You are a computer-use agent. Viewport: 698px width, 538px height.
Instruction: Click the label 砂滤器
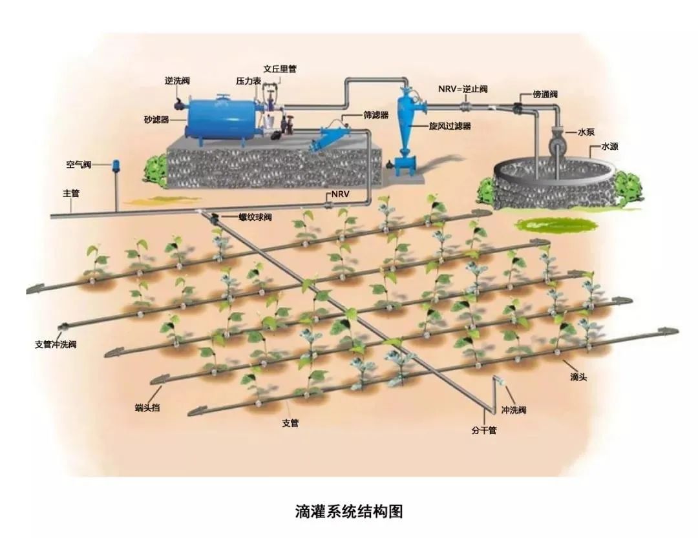156,119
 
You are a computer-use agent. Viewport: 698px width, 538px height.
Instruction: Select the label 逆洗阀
177,81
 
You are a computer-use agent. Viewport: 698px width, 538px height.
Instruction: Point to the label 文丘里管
280,68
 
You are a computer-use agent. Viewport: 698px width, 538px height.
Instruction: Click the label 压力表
248,81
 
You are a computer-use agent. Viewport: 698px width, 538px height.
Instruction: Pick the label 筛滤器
375,115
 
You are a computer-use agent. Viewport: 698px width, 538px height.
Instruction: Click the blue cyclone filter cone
407,123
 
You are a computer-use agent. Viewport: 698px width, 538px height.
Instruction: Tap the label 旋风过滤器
450,126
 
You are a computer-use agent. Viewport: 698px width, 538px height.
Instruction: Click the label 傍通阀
545,94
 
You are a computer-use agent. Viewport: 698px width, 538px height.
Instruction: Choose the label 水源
610,147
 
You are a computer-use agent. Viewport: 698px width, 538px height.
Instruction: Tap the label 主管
70,192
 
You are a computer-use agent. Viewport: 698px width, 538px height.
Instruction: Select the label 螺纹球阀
255,217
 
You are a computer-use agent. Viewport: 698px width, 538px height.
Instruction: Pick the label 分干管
483,430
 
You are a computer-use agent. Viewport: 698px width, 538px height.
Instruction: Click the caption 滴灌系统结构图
349,512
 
